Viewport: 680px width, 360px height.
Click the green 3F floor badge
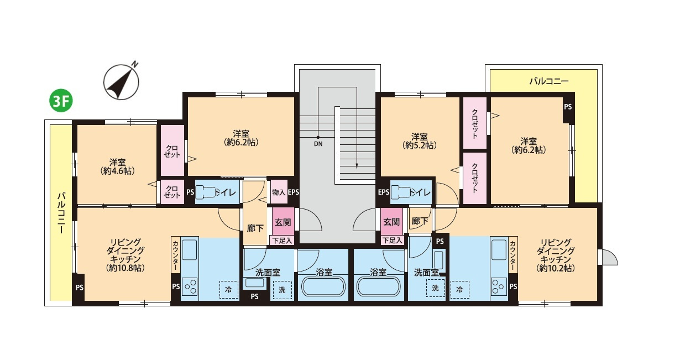click(x=61, y=102)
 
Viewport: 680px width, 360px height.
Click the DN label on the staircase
click(x=318, y=144)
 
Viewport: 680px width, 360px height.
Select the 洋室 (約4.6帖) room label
click(x=118, y=166)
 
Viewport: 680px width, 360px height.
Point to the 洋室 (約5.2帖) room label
click(x=420, y=141)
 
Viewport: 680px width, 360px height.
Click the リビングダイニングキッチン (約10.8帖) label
click(x=125, y=255)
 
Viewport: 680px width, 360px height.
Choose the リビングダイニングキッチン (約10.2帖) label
click(x=556, y=255)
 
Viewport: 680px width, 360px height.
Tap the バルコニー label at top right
click(x=549, y=81)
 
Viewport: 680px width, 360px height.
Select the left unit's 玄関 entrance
click(x=283, y=222)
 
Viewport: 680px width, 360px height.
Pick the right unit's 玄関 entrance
click(x=391, y=222)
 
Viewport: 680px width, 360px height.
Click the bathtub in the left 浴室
click(x=323, y=286)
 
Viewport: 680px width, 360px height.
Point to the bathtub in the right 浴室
click(x=379, y=286)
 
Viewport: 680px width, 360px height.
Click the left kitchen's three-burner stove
click(x=190, y=286)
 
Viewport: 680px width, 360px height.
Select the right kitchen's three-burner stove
click(x=499, y=286)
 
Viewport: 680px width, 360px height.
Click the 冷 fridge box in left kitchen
click(x=228, y=289)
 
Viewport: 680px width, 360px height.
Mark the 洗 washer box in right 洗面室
click(x=436, y=288)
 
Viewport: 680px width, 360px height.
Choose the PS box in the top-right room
click(x=568, y=107)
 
